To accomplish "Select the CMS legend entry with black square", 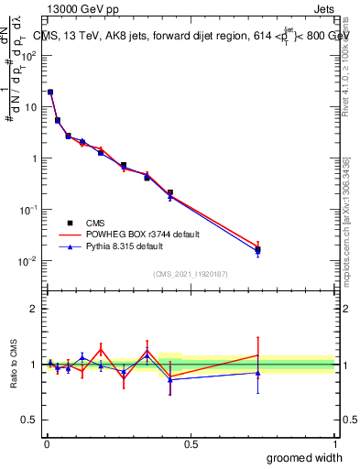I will point(91,223).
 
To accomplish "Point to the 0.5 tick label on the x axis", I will point(190,444).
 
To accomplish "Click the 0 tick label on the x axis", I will point(46,444).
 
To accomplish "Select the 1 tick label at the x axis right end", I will point(333,444).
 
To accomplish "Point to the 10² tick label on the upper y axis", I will point(27,55).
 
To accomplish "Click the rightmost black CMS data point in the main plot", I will point(257,249).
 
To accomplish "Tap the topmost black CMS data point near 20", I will point(50,92).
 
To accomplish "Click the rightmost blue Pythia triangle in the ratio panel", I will point(257,373).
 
